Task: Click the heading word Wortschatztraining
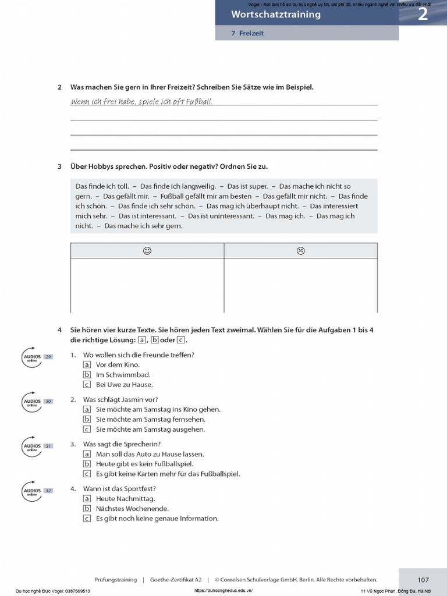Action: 276,15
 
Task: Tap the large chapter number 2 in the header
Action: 423,15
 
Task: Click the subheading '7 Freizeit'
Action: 247,33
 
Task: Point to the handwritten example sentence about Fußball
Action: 141,102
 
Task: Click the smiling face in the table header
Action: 147,251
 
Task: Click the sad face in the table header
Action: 300,251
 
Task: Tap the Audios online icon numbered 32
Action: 33,491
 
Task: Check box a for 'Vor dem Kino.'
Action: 87,365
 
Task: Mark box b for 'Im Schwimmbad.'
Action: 87,375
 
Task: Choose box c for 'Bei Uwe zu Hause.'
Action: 87,385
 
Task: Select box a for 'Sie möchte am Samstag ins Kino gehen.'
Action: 87,410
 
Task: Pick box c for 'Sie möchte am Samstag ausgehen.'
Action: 87,430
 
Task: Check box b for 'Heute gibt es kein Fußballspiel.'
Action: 87,464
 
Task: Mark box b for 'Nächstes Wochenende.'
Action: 87,509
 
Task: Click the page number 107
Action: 423,580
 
